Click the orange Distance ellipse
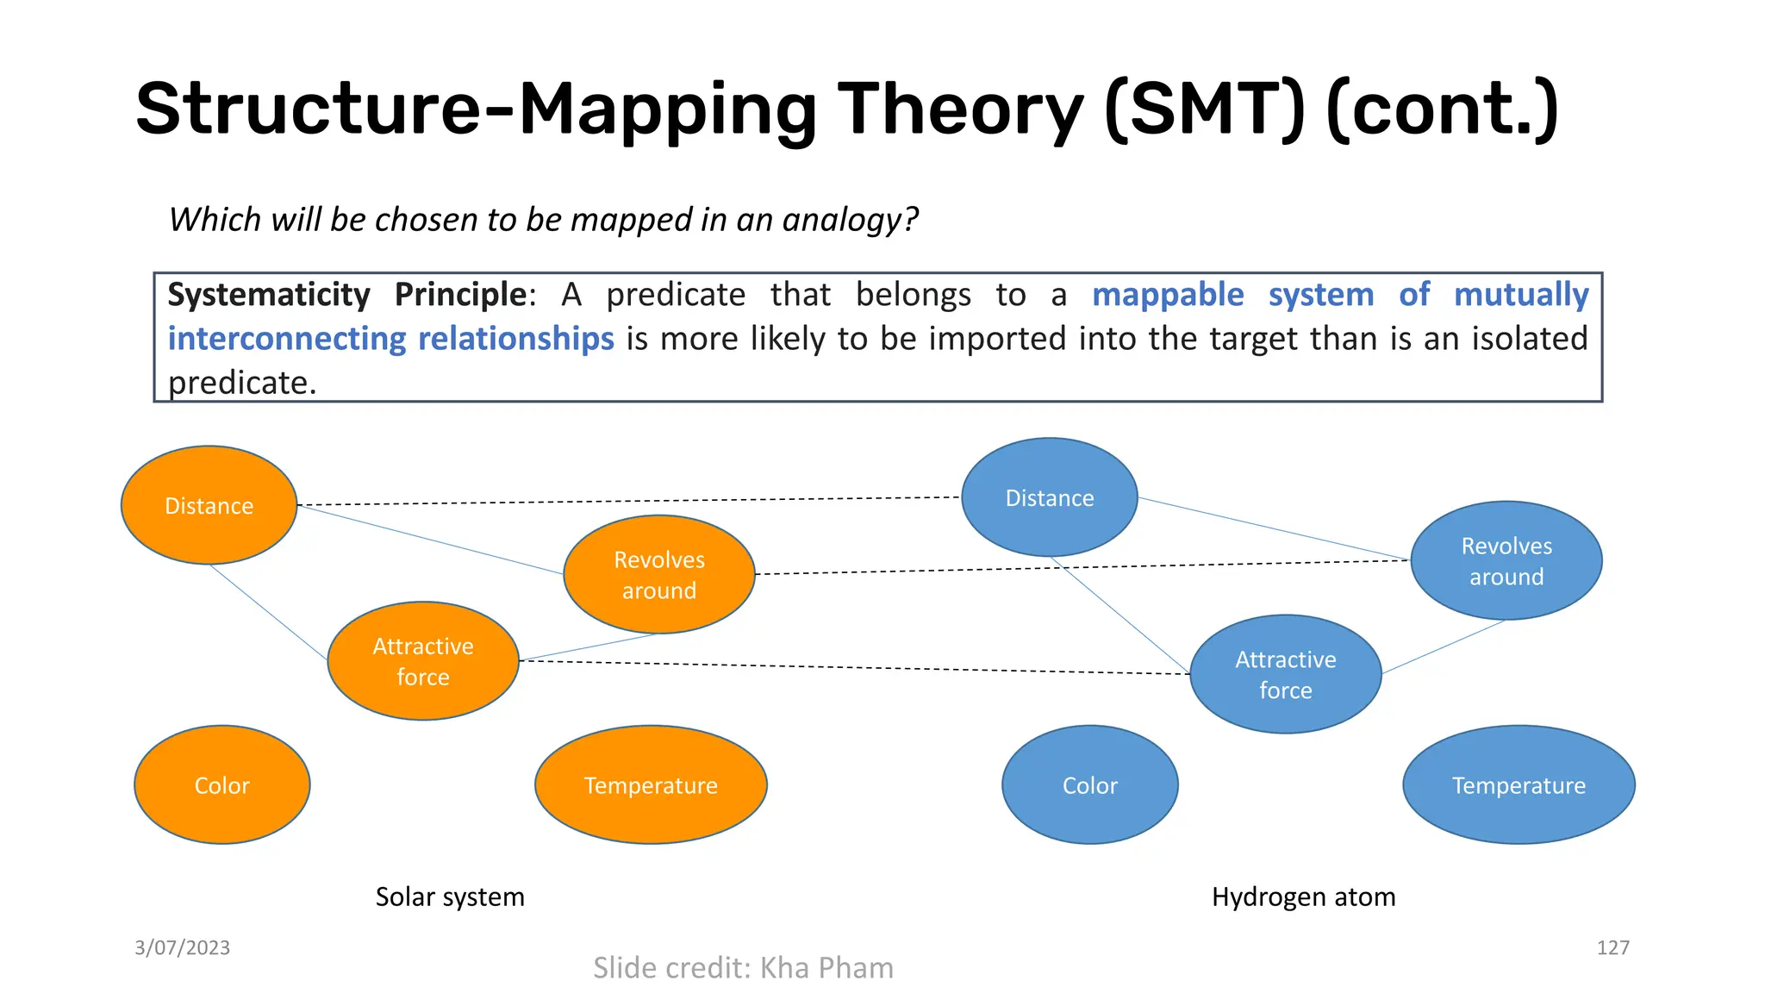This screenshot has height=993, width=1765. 209,505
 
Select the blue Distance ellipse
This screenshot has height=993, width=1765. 1049,497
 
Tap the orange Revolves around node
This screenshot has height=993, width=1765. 659,575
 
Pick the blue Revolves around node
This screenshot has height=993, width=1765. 1506,560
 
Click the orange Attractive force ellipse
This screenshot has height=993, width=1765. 423,661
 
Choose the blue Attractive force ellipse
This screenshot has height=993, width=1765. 1285,674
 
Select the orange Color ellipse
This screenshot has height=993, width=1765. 221,784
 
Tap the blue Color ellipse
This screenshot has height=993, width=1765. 1089,784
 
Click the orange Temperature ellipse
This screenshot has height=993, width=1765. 651,784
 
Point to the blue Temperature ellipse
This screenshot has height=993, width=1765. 1519,784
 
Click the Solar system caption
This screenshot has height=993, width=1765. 449,896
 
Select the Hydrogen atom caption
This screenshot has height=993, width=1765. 1303,896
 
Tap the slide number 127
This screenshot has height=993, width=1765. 1612,947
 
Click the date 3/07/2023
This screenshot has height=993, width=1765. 182,947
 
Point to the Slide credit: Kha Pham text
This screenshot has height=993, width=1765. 743,967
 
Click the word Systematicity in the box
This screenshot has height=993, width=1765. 268,295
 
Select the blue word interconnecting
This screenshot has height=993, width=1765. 286,339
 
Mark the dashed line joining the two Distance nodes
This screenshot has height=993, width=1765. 629,501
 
